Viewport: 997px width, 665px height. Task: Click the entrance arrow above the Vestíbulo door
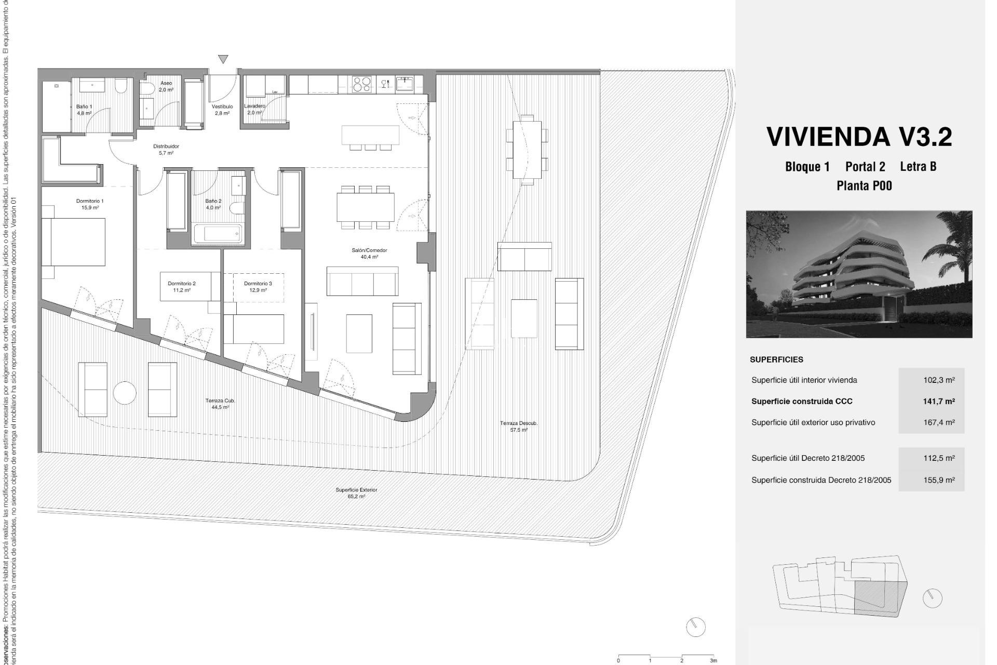click(x=223, y=59)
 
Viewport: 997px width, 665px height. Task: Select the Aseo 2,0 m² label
click(x=166, y=86)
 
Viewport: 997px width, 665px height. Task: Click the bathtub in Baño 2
click(x=218, y=234)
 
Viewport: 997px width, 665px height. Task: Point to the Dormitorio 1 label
click(x=90, y=204)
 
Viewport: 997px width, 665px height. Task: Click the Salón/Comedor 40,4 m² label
click(x=369, y=254)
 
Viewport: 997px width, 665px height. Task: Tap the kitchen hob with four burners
click(x=362, y=83)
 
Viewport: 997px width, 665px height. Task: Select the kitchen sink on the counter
click(x=404, y=83)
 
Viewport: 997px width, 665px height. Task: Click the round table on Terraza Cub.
click(x=125, y=393)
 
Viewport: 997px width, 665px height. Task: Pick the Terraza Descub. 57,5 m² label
click(x=519, y=427)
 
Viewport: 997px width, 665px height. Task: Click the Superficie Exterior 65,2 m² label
click(x=356, y=493)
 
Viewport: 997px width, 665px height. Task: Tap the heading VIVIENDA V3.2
click(x=859, y=137)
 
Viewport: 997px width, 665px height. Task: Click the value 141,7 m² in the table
click(x=939, y=401)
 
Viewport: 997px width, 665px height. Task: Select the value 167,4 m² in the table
click(x=939, y=422)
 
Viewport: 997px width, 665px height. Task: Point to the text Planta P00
click(x=864, y=185)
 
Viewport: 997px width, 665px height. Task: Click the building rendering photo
click(x=859, y=274)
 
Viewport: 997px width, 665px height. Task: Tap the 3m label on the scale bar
click(x=713, y=661)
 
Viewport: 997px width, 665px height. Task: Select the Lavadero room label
click(x=254, y=109)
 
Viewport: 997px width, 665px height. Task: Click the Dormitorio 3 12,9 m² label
click(x=258, y=287)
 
